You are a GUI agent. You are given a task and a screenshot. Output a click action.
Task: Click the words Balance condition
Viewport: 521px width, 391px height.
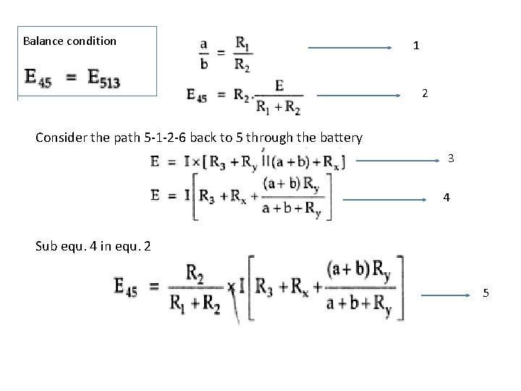(69, 41)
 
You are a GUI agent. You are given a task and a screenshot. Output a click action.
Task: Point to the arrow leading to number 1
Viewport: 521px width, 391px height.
(350, 49)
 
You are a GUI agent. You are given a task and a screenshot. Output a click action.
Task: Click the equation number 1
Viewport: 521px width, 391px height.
(415, 46)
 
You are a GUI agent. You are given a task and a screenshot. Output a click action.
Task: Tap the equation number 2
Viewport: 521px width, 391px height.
(425, 93)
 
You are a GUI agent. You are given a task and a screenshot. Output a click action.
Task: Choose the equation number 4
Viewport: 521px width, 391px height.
(446, 196)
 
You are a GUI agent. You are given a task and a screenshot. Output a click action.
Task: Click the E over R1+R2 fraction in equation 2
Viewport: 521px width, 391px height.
(279, 97)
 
